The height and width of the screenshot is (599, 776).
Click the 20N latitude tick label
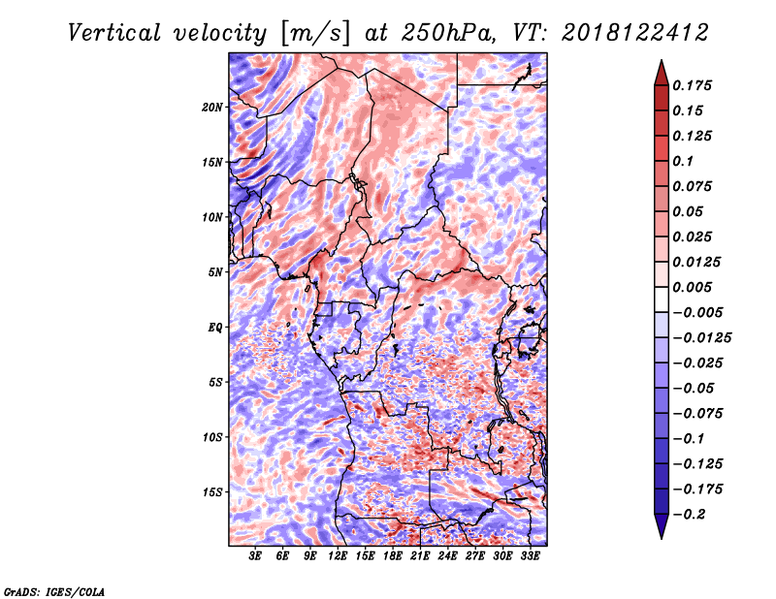[212, 108]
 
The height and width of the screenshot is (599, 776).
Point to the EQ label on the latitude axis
[215, 328]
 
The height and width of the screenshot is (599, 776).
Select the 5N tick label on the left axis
[215, 272]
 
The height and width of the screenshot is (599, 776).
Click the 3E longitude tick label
[255, 556]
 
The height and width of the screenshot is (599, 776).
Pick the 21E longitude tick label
[420, 556]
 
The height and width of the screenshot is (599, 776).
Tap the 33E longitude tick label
[530, 556]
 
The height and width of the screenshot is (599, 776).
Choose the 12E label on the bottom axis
[338, 556]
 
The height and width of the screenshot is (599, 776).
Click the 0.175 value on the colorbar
[692, 85]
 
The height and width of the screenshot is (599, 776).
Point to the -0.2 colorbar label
[689, 515]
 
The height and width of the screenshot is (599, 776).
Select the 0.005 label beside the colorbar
[692, 287]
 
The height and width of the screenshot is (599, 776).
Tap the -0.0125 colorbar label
[701, 338]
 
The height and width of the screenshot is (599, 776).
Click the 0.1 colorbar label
[683, 161]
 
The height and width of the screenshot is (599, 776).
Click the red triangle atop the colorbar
[662, 74]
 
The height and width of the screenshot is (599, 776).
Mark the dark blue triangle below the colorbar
[662, 526]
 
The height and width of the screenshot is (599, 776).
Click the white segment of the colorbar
[662, 299]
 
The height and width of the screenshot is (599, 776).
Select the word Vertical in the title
[114, 33]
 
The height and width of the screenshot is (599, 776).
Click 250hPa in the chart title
[448, 33]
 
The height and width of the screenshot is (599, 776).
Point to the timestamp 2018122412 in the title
[635, 33]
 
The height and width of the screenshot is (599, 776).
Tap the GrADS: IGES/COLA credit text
[54, 591]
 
